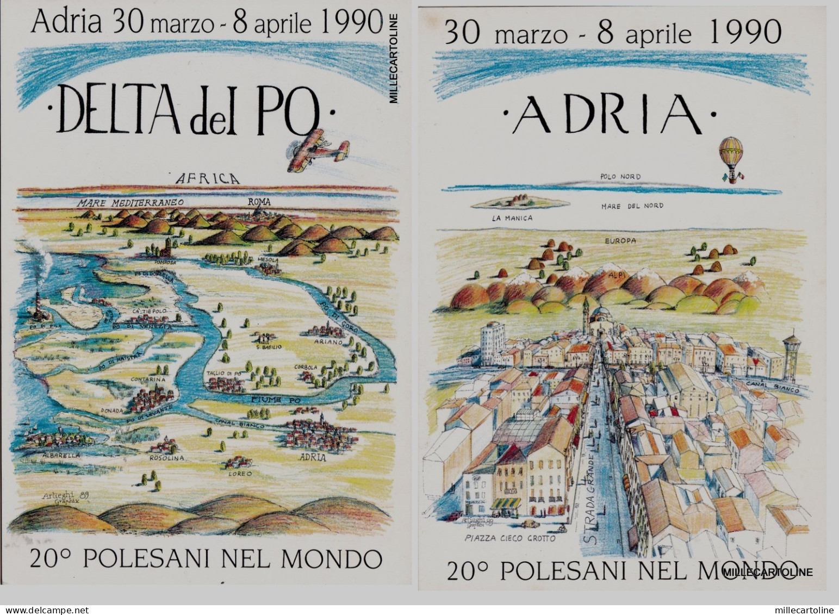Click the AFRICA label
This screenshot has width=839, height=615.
(206, 178)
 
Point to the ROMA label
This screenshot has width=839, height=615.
(259, 201)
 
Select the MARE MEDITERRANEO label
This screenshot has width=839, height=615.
(129, 202)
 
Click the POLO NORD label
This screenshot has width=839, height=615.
(620, 177)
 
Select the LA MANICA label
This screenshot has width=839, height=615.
(511, 218)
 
